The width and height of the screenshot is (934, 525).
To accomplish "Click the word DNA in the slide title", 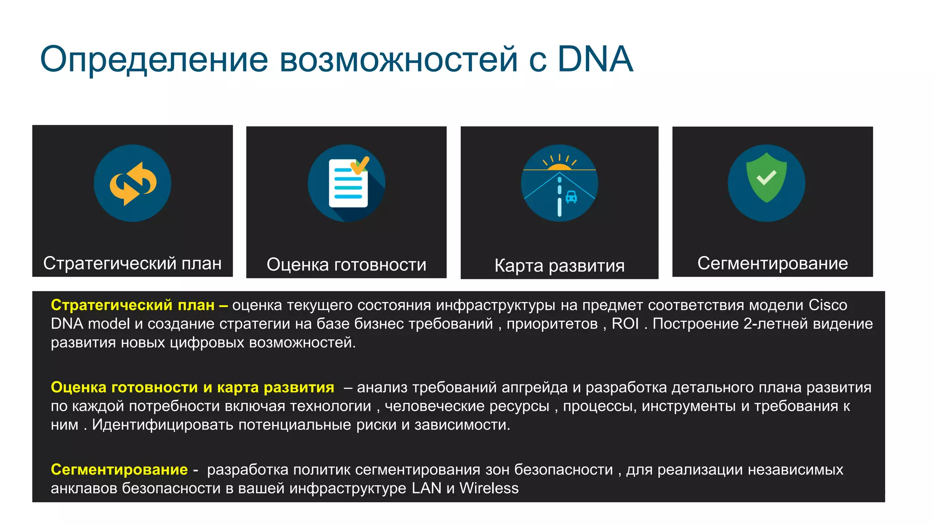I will [595, 59].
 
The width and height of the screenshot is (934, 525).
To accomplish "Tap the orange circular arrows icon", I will [133, 183].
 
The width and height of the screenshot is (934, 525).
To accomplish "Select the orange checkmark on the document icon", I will [360, 165].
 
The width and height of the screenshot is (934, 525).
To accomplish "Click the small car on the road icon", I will [571, 197].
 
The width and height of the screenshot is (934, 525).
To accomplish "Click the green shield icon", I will [766, 178].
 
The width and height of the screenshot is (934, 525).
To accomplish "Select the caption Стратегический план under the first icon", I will [132, 263].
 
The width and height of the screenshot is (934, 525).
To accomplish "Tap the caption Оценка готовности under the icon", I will [346, 265].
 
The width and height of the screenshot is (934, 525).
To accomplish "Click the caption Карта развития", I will [559, 266].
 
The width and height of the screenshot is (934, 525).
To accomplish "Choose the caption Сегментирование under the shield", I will [772, 263].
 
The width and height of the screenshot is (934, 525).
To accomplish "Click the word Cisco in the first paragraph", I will [828, 305].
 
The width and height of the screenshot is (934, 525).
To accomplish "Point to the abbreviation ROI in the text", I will [625, 324].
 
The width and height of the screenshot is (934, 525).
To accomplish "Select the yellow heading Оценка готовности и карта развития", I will [192, 387].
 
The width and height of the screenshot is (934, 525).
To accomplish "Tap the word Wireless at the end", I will [489, 488].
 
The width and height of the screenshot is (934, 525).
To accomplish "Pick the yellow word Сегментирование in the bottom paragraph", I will [119, 469].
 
